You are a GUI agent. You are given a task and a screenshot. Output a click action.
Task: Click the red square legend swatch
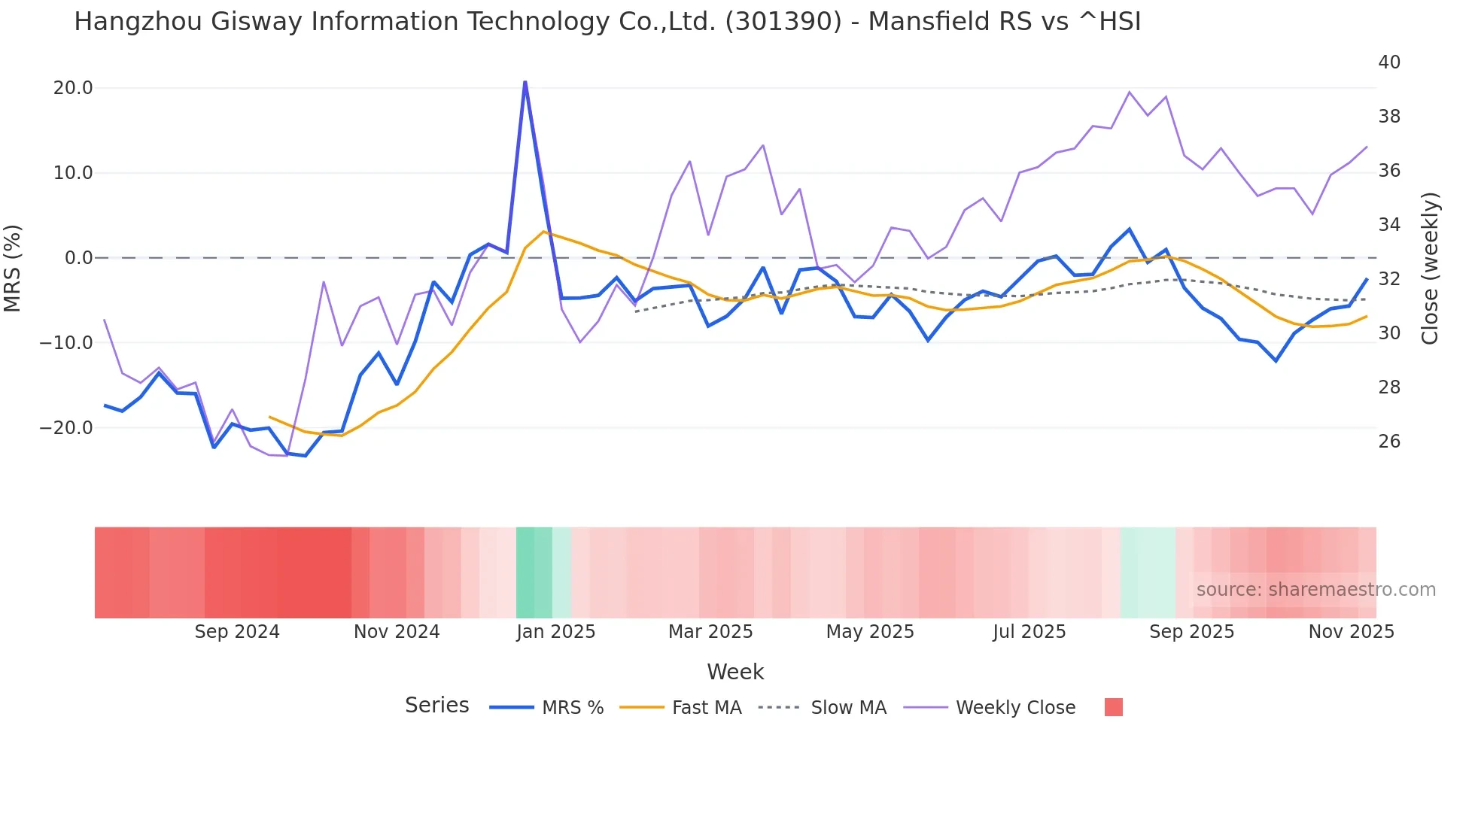point(1113,707)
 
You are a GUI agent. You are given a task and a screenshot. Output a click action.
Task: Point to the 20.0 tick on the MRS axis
point(73,88)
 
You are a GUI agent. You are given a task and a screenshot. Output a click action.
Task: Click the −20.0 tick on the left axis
point(66,428)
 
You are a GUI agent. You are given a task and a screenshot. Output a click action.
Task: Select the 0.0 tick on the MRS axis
point(79,258)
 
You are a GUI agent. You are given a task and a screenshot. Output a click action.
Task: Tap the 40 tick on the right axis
point(1389,62)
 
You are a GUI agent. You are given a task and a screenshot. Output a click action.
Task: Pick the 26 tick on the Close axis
point(1389,442)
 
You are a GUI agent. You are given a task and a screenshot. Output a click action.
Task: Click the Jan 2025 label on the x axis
point(555,632)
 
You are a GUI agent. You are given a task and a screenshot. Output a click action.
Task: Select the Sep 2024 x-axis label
point(237,632)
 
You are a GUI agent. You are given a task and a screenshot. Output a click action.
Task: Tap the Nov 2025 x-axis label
point(1351,632)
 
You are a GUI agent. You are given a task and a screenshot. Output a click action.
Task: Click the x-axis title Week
point(735,672)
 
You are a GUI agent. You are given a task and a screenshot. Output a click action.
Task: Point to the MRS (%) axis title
point(13,268)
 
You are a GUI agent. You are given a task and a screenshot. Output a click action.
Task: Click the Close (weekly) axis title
point(1430,268)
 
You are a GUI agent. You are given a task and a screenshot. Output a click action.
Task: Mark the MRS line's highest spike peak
point(525,82)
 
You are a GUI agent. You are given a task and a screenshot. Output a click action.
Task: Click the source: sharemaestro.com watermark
point(1315,590)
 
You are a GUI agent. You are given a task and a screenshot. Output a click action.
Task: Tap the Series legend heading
point(436,706)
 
